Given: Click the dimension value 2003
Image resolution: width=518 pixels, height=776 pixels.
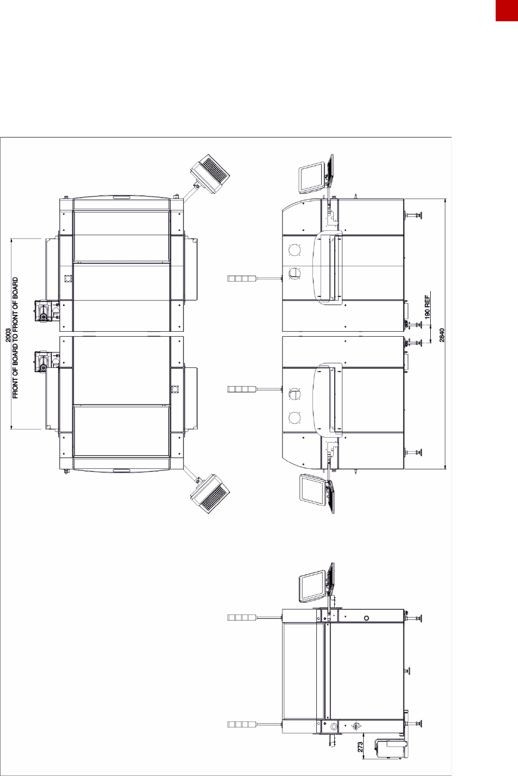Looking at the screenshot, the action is click(8, 335).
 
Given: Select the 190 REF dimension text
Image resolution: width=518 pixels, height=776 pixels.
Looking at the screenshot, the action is click(427, 307).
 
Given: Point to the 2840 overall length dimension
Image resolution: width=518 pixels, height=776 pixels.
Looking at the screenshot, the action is click(442, 335).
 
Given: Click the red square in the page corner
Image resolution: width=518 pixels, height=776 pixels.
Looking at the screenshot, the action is click(507, 10).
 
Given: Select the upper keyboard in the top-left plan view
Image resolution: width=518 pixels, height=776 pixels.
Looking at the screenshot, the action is click(210, 174).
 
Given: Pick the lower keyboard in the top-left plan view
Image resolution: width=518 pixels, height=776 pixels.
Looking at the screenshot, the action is click(210, 494).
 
